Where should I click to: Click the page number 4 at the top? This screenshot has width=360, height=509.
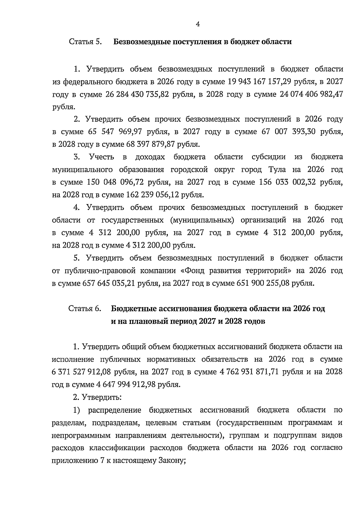tap(198, 25)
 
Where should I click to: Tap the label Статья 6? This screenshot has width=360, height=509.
tap(85, 309)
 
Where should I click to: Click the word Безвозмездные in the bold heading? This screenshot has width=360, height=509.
tap(142, 41)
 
